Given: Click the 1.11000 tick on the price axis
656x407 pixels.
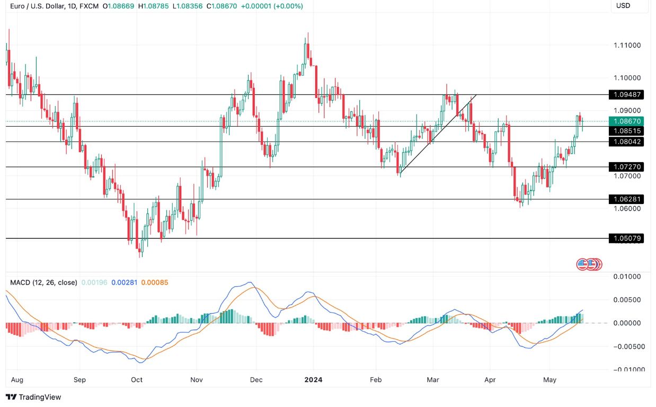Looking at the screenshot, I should click(x=627, y=46).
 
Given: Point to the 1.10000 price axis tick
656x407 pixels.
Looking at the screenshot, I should click(x=627, y=78).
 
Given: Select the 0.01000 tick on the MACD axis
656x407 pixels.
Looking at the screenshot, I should click(x=627, y=277).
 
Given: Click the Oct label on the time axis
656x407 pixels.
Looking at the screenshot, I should click(x=137, y=380).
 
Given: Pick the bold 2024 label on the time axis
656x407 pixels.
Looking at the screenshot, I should click(x=313, y=380).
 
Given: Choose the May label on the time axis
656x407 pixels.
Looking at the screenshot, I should click(x=549, y=380).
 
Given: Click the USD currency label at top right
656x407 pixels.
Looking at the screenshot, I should click(x=623, y=5).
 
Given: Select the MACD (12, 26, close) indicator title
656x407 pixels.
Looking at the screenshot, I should click(x=43, y=282).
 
